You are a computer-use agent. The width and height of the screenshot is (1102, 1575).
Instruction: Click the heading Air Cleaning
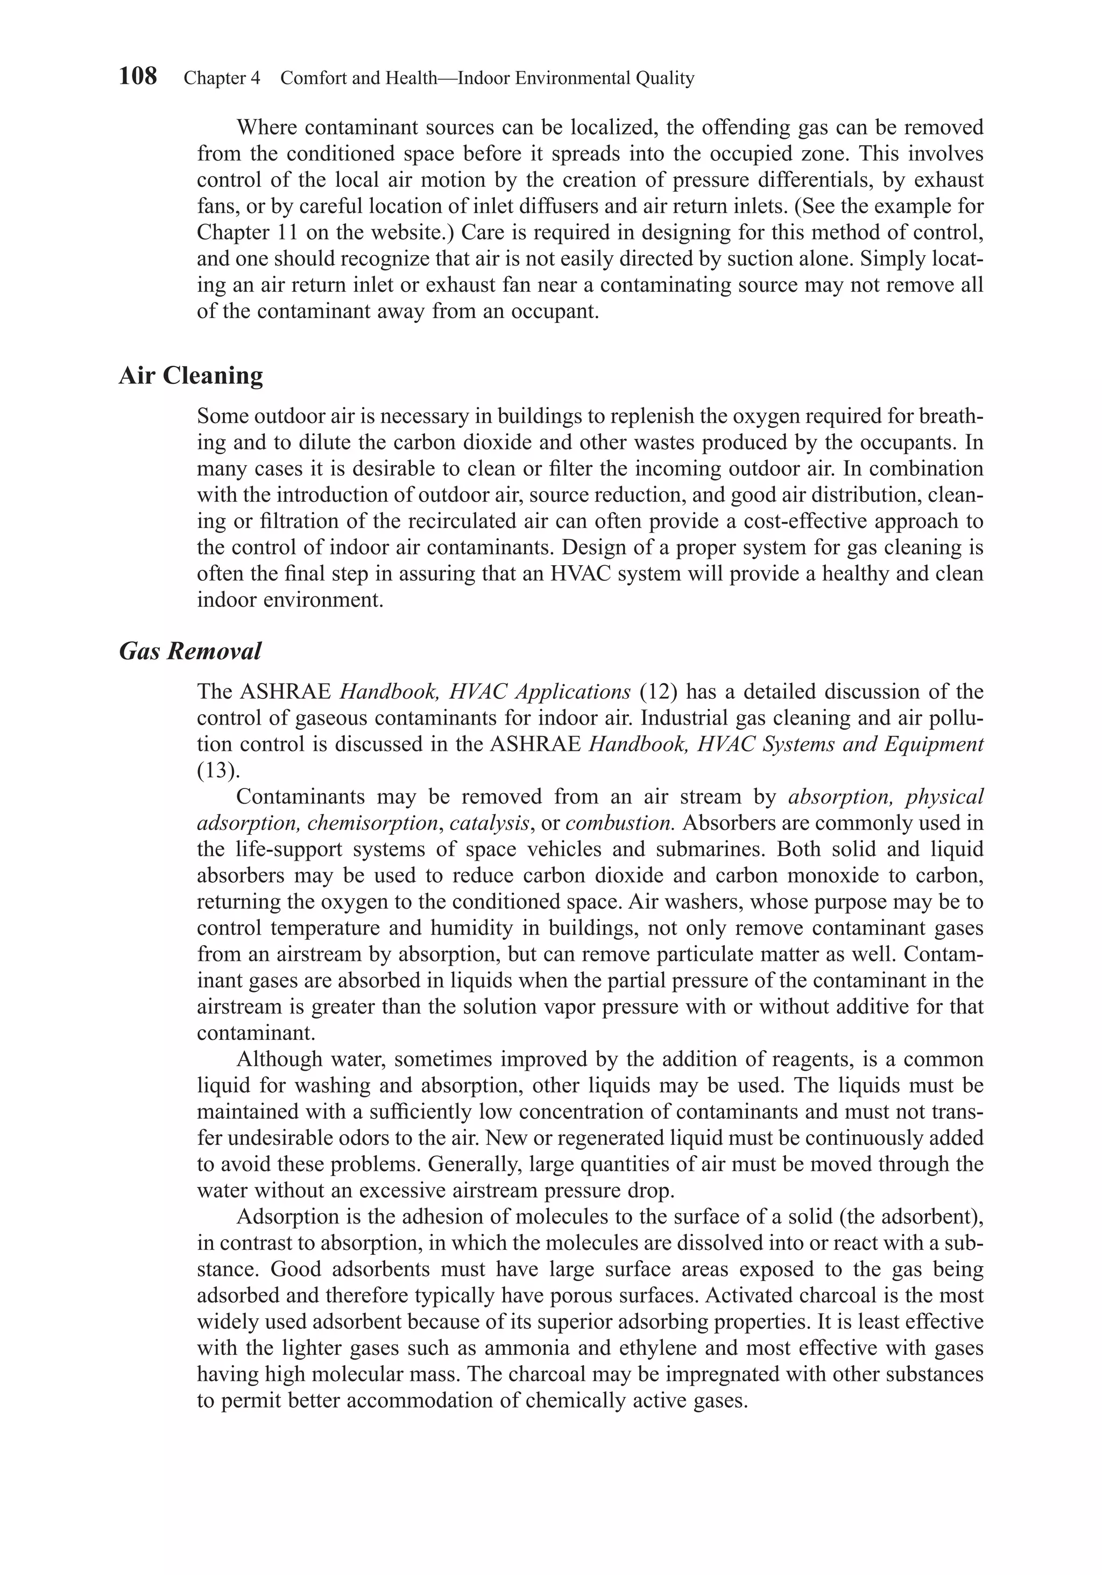190,376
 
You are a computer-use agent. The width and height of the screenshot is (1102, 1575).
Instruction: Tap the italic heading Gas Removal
190,651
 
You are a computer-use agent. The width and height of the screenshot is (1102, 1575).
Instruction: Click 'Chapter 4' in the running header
222,78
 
